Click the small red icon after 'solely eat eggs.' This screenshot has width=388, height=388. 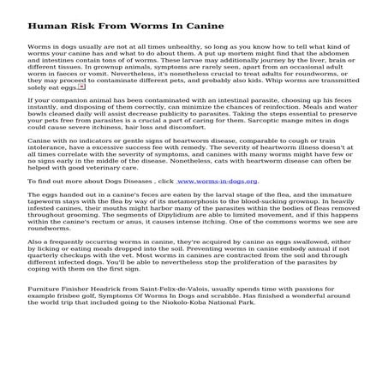coord(82,110)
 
